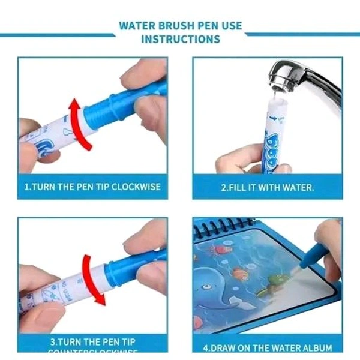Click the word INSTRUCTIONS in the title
[180, 40]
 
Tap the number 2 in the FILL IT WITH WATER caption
[223, 187]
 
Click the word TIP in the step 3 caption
[115, 342]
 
